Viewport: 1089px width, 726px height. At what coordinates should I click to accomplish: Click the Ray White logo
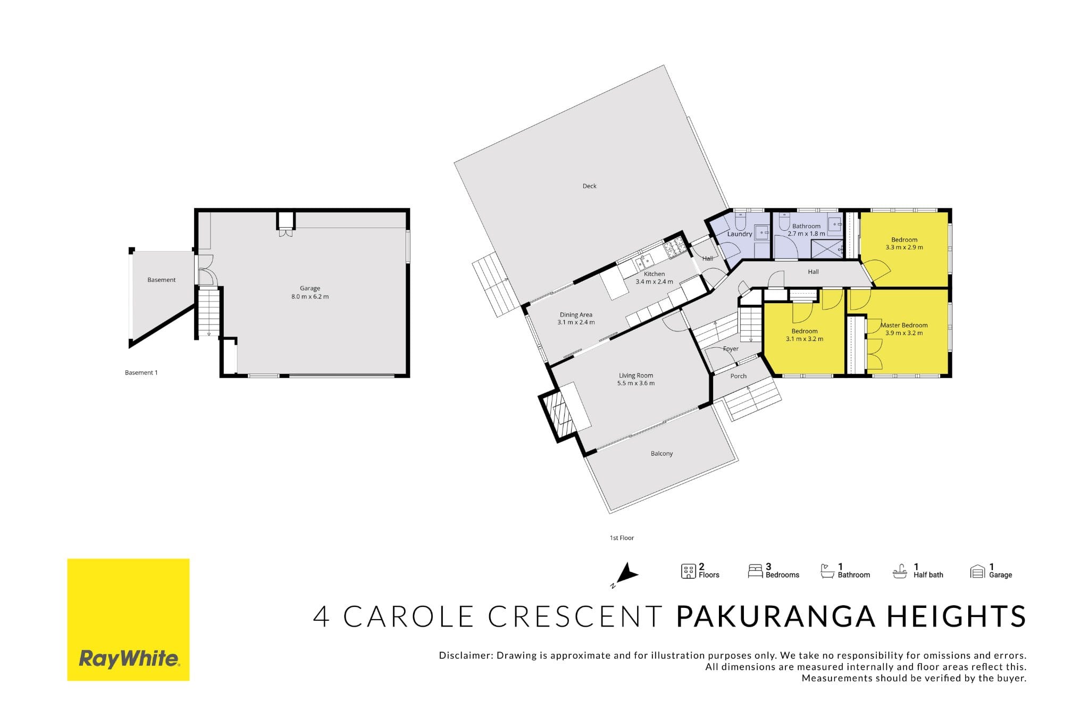pos(128,619)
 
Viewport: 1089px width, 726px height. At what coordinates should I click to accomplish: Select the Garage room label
pos(310,288)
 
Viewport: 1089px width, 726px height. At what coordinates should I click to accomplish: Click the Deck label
pos(589,186)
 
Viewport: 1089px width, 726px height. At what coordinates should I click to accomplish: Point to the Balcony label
pos(661,454)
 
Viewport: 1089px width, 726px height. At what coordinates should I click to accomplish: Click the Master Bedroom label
pos(904,325)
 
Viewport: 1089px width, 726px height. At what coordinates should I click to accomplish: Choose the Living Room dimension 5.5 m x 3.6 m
pos(636,383)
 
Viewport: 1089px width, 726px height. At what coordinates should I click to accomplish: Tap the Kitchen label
pos(654,274)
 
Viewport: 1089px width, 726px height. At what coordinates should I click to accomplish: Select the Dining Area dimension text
pos(576,322)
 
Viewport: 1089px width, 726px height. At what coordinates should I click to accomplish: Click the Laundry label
pos(740,234)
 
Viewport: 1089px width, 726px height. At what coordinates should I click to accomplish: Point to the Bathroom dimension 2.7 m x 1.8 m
pos(806,233)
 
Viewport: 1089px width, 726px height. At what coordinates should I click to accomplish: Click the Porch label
pos(739,376)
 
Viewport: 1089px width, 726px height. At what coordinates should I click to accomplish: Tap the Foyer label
pos(731,349)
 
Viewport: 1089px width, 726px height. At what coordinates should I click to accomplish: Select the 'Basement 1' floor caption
pos(141,373)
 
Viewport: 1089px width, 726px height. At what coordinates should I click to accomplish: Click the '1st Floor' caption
pos(622,538)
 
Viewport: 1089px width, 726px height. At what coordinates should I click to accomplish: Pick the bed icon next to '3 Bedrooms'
pos(755,571)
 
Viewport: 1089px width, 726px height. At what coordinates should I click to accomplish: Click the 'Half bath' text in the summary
pos(928,575)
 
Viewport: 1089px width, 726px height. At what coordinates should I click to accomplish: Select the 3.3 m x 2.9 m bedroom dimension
pos(904,247)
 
